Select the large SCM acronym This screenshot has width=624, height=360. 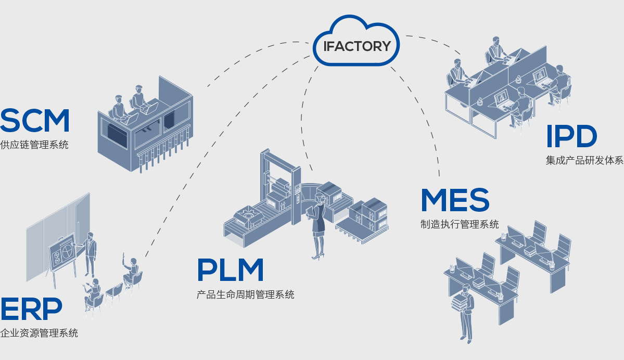point(35,121)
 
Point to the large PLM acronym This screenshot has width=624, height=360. point(230,271)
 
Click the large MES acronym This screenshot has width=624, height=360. point(455,200)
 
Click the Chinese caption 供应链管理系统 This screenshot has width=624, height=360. point(34,145)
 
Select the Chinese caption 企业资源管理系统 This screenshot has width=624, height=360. point(39,333)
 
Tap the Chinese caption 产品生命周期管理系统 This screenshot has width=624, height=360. point(245,295)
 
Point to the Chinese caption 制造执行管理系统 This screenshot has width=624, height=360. point(460,224)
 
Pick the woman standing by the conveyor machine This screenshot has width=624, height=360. point(318,224)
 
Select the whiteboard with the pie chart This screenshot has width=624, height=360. point(63,254)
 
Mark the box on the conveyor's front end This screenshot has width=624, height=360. point(249,217)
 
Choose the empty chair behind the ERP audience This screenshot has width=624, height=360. point(114,293)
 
